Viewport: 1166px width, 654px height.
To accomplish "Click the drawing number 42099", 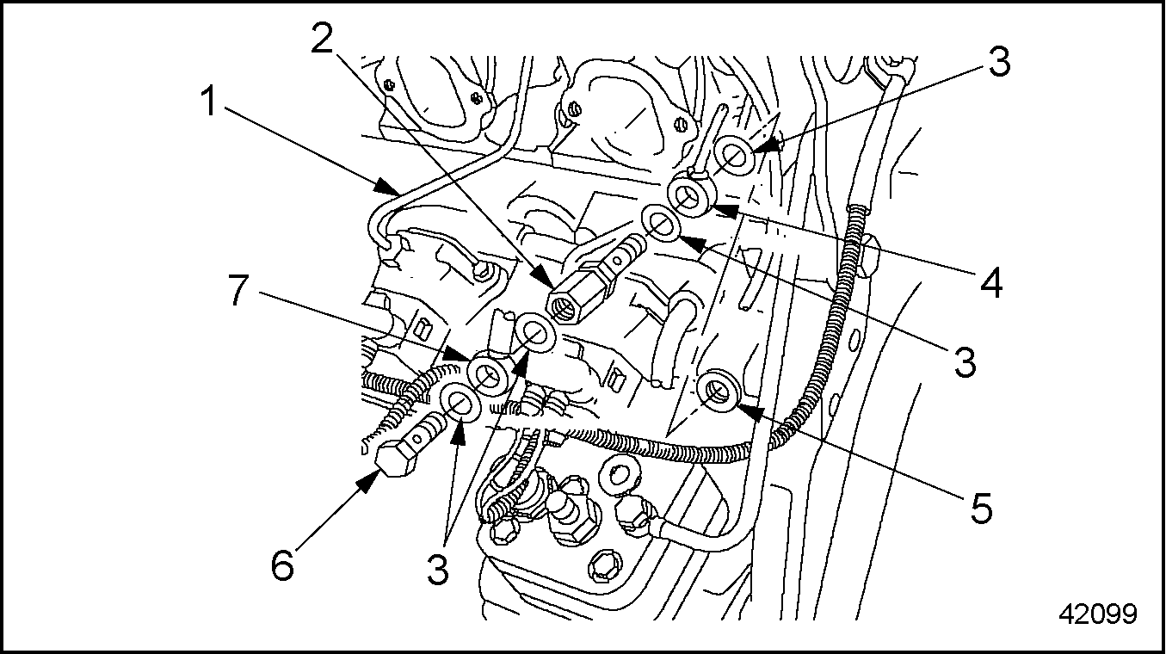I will pyautogui.click(x=1097, y=614).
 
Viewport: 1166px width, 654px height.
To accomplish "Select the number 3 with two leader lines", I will pyautogui.click(x=439, y=569).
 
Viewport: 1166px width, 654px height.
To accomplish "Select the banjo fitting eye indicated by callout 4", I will pyautogui.click(x=690, y=194).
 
